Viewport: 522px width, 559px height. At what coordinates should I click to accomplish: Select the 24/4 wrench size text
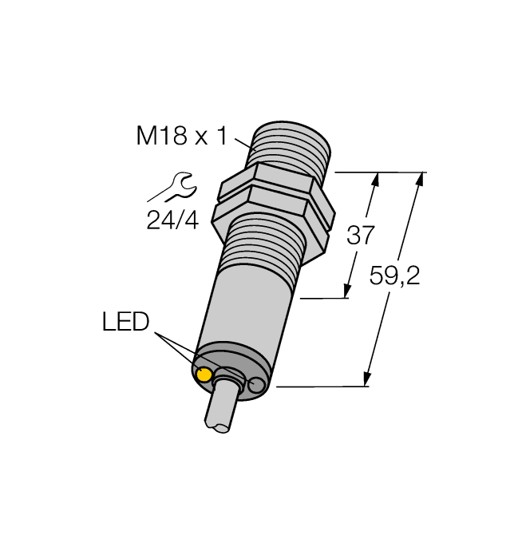coord(172,220)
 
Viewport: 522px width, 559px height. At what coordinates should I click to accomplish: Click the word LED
coord(126,323)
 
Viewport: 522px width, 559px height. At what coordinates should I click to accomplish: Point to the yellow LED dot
coord(205,375)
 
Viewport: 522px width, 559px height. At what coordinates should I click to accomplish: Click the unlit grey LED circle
coord(255,387)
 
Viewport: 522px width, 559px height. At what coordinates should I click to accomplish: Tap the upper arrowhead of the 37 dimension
coord(374,180)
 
